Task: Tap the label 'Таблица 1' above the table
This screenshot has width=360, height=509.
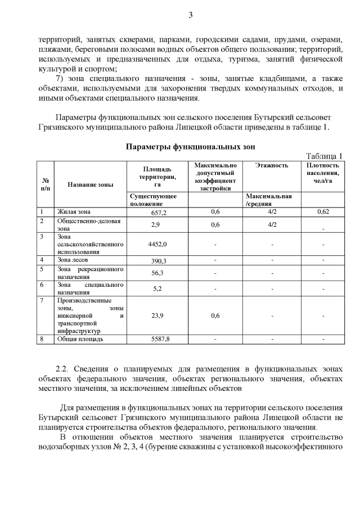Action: (323, 156)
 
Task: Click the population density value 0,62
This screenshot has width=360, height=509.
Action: (323, 212)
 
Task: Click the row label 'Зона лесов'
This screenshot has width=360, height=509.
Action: (73, 260)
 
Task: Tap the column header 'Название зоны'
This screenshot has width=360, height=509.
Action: (90, 184)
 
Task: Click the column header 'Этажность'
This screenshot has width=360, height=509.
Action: (271, 165)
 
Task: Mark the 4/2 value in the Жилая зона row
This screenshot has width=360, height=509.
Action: (271, 212)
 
